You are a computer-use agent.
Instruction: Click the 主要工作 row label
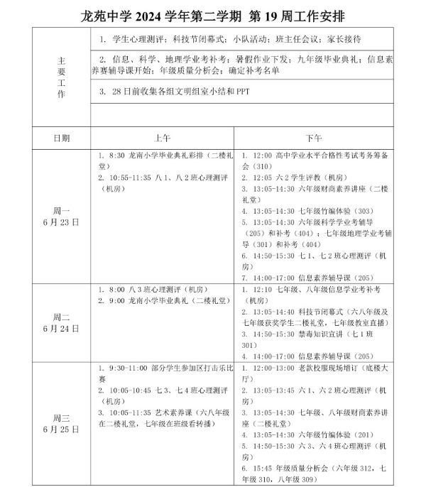[61, 78]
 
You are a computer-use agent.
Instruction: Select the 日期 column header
[61, 137]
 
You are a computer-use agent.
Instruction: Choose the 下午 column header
[313, 137]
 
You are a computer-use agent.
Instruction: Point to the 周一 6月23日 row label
[61, 217]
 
